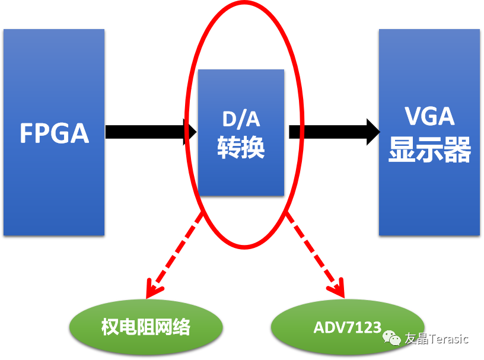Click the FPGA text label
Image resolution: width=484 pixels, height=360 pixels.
pos(54,133)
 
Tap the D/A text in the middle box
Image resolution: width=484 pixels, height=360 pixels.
pos(240,120)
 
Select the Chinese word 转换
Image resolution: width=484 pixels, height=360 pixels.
pos(241,148)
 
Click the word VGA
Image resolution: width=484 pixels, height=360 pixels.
pos(429,116)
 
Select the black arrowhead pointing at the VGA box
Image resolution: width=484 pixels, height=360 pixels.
pos(373,131)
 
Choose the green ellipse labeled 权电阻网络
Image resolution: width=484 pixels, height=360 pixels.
pos(146,327)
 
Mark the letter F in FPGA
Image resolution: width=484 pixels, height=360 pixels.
pos(27,133)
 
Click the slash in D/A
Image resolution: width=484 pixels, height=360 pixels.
pos(241,120)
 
